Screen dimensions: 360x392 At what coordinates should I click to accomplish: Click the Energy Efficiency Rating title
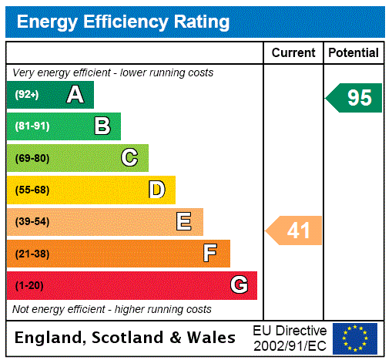click(x=123, y=22)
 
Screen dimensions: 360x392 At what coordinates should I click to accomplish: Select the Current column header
click(x=293, y=53)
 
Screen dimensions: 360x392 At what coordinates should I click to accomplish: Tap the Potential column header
click(x=353, y=53)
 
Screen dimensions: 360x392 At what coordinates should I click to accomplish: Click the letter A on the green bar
click(x=75, y=95)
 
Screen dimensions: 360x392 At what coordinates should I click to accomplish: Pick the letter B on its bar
click(x=102, y=126)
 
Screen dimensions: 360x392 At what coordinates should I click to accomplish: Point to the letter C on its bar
click(x=129, y=158)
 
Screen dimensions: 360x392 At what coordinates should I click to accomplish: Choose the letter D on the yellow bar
click(x=156, y=190)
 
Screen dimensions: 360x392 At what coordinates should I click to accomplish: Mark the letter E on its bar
click(x=183, y=222)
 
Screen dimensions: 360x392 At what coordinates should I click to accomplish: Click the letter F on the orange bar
click(x=209, y=254)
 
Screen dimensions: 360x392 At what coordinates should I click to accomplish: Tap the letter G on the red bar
click(x=239, y=285)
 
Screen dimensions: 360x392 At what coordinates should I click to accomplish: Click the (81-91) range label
click(x=32, y=126)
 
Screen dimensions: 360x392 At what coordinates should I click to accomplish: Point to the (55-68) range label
click(x=32, y=190)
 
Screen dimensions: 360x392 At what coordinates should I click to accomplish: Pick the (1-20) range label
click(x=29, y=286)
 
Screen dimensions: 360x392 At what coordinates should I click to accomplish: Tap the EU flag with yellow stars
click(x=355, y=338)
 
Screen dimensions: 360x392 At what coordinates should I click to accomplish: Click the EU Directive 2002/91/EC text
click(x=290, y=338)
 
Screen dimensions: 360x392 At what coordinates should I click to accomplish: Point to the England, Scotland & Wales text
click(x=126, y=338)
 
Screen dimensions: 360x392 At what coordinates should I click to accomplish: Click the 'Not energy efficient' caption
click(x=112, y=309)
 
